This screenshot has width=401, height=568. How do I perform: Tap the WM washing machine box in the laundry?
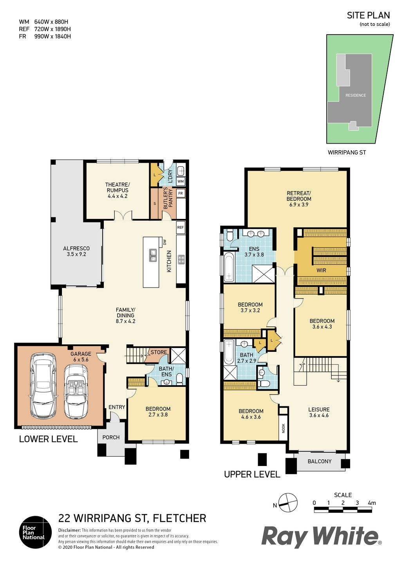coord(181,181)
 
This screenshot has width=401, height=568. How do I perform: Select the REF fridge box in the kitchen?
coord(181,227)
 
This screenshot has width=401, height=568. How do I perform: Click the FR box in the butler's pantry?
coord(181,193)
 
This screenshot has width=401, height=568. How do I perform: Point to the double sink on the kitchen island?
coord(153,255)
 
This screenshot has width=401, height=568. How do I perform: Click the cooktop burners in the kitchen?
coord(181,259)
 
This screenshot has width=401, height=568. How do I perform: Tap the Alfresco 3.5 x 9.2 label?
coord(76,251)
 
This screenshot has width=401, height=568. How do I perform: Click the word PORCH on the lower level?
coord(111,437)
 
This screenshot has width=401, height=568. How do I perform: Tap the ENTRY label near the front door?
coord(117,407)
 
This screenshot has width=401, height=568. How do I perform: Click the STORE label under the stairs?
coord(159,352)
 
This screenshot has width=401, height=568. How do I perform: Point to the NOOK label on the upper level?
coord(284,428)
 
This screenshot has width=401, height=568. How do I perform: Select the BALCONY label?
coord(320,461)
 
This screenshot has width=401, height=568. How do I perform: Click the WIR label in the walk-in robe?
coord(321,270)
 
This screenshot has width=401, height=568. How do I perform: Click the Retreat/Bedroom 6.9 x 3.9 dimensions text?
coord(299,204)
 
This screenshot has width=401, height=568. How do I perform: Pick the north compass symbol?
coord(288,503)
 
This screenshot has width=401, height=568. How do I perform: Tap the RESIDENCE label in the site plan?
coord(356,95)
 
